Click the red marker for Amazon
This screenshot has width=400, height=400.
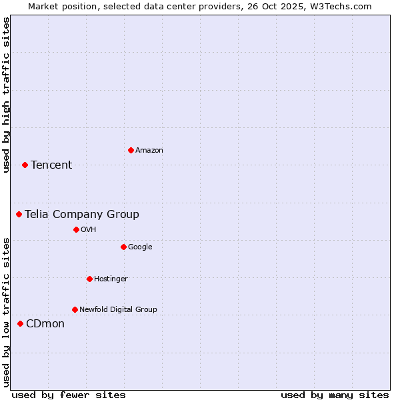131,150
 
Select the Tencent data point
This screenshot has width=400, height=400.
25,165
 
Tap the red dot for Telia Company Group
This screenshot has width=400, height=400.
19,214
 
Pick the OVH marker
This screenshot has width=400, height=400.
76,229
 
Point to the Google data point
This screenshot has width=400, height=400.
123,247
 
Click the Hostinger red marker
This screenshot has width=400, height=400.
89,279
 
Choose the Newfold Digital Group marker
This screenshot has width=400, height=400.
75,309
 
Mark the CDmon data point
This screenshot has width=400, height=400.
20,323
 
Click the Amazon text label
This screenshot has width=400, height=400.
149,151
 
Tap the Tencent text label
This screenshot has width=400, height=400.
51,165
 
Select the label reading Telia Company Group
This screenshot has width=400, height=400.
82,215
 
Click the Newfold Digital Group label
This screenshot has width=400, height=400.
118,309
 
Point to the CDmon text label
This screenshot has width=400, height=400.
45,324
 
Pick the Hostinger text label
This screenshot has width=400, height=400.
111,279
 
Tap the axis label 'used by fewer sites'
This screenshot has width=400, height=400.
69,395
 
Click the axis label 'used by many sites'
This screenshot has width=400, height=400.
335,395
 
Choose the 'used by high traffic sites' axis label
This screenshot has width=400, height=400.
6,95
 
